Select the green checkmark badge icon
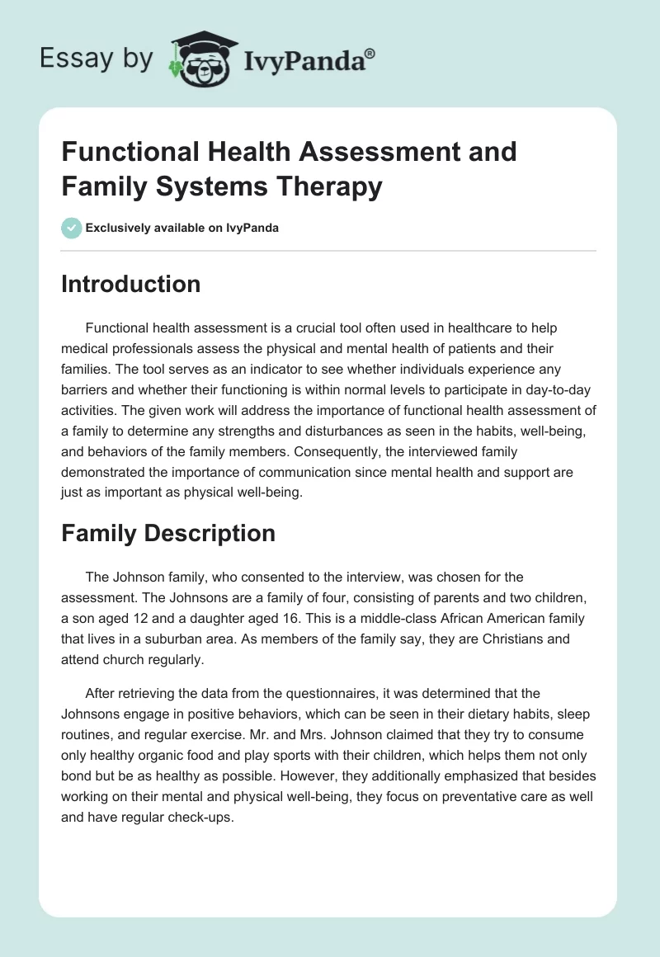pyautogui.click(x=72, y=228)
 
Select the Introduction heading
pyautogui.click(x=131, y=284)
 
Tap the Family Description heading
pyautogui.click(x=168, y=533)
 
